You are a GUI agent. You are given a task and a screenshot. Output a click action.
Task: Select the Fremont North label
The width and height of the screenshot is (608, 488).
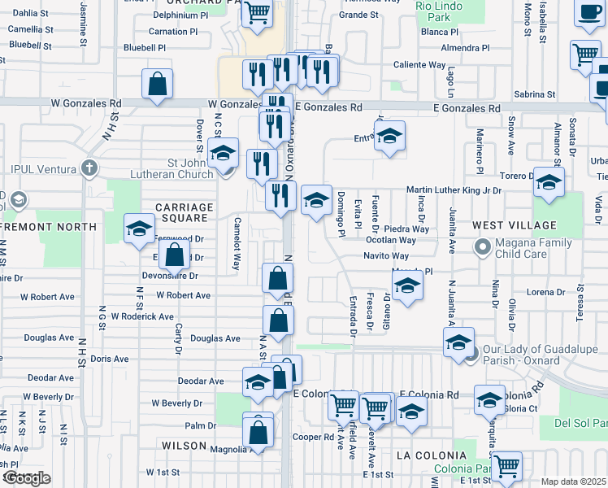tap(48, 227)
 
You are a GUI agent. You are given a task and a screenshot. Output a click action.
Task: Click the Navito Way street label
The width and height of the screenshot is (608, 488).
tap(385, 255)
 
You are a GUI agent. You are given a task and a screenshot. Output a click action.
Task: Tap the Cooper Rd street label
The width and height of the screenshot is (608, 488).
tap(309, 437)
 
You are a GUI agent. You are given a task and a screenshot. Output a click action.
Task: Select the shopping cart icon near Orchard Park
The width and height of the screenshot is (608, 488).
tap(258, 13)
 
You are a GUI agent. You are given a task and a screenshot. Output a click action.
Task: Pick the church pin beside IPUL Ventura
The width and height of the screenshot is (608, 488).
tap(89, 169)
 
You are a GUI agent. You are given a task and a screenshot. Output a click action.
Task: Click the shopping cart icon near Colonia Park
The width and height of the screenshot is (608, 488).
tap(507, 466)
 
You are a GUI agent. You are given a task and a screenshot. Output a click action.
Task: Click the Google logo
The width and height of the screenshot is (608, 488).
tap(26, 478)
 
